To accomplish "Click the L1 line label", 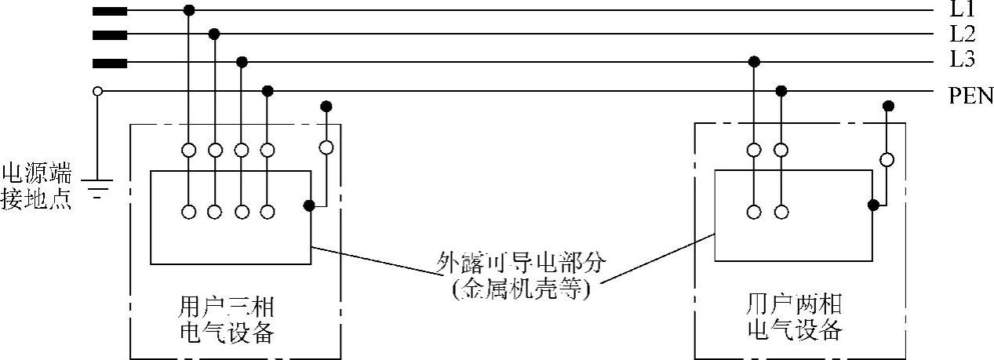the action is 963,10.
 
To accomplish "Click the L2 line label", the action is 963,35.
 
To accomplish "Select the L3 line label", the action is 963,61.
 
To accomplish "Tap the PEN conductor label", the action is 970,96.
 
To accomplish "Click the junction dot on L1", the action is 188,10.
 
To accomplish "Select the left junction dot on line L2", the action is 214,35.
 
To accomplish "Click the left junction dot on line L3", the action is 242,61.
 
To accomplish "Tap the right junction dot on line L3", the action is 754,61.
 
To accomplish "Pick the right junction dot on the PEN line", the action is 781,91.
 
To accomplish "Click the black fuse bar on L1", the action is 110,11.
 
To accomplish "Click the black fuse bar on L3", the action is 110,61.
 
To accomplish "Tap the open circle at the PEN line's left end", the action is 97,91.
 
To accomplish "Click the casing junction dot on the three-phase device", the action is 310,205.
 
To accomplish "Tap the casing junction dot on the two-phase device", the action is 873,205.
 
